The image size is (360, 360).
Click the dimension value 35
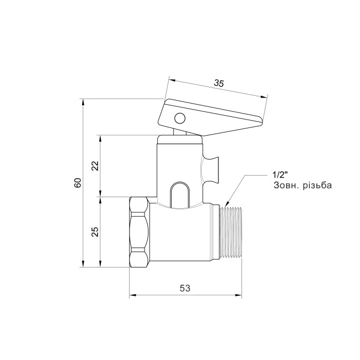[219, 84]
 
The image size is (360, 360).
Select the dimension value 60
[78, 183]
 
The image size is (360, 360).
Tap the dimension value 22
[95, 166]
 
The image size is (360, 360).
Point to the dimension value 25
[95, 231]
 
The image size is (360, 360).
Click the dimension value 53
[186, 288]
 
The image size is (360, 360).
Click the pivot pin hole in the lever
[179, 118]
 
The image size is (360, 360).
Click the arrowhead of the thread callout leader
[228, 204]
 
